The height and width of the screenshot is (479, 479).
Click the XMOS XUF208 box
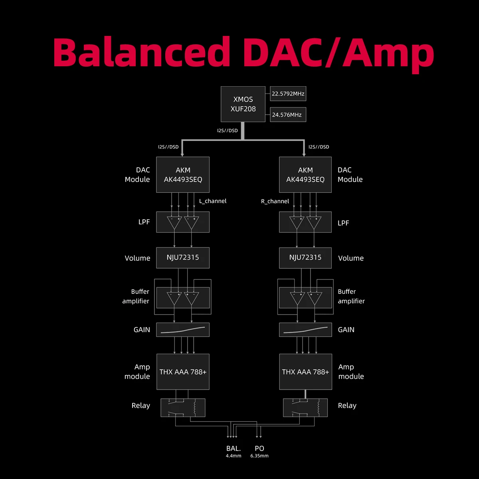coord(243,104)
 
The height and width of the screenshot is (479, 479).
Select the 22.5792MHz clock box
coord(288,94)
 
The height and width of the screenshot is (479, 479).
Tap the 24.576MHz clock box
coord(288,115)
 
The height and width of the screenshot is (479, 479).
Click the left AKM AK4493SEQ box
coord(183,175)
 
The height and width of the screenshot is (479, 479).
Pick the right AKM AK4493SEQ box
coord(305,175)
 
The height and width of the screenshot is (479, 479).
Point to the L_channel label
coord(213,201)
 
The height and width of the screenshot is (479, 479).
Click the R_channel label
coord(275,201)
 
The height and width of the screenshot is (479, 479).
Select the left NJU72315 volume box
coord(183,257)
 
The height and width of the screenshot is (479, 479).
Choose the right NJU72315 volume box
coord(305,257)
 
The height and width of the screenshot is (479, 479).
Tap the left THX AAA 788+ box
coord(183,372)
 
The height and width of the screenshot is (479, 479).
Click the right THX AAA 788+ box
coord(305,372)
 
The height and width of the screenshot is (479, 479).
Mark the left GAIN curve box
coord(183,330)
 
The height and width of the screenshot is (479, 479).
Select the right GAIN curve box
coord(305,330)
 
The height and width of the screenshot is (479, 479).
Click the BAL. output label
coord(234,448)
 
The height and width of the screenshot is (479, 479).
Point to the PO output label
coord(259,448)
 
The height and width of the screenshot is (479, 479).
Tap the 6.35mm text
coord(259,456)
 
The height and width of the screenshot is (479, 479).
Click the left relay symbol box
coord(183,408)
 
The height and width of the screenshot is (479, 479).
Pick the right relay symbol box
coord(305,408)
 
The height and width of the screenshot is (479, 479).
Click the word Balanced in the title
coord(142,53)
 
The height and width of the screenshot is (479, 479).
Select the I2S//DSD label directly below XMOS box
coord(227,131)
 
